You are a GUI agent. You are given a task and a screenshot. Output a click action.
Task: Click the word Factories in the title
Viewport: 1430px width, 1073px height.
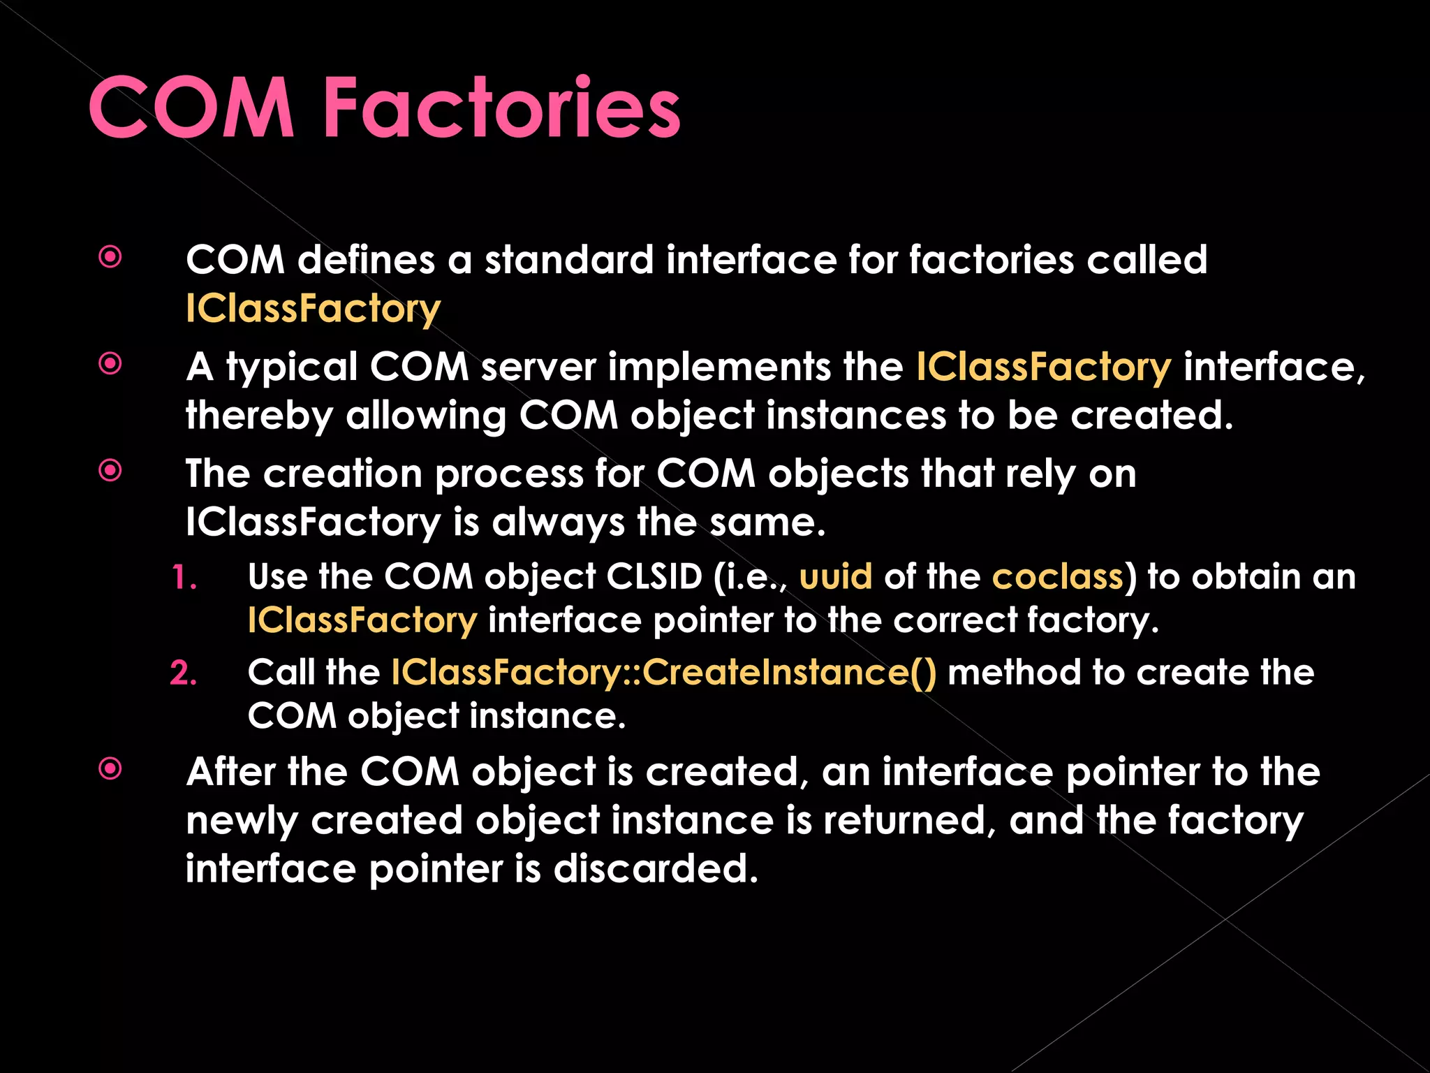click(x=501, y=108)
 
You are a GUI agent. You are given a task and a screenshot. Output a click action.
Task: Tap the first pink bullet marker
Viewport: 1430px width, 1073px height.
click(x=110, y=257)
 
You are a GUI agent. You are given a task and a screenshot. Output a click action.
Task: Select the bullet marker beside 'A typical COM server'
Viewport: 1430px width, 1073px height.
click(x=110, y=363)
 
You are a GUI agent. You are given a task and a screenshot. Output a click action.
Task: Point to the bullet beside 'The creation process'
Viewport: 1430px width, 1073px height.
click(x=110, y=471)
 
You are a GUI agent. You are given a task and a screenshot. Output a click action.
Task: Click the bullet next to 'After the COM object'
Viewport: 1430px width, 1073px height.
click(x=110, y=769)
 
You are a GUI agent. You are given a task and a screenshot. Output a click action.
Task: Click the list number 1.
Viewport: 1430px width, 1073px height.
click(x=184, y=578)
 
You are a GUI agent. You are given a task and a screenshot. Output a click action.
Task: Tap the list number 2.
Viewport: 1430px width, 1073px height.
click(x=184, y=673)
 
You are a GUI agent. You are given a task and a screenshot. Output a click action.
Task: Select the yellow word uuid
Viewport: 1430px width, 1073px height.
click(x=836, y=577)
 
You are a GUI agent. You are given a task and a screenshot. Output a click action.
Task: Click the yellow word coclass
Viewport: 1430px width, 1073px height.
click(x=1058, y=577)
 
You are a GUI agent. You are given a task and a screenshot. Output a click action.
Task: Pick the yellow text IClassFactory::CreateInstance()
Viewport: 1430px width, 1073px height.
click(x=663, y=673)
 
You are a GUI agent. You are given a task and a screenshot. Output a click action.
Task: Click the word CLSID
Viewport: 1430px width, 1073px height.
click(x=654, y=577)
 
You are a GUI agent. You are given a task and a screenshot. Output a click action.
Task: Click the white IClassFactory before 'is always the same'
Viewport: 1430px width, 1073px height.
click(x=314, y=523)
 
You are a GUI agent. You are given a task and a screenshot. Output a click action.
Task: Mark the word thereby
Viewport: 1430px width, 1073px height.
click(x=259, y=416)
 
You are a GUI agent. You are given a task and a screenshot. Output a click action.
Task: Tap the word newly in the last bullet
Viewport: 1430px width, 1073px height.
click(x=242, y=822)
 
